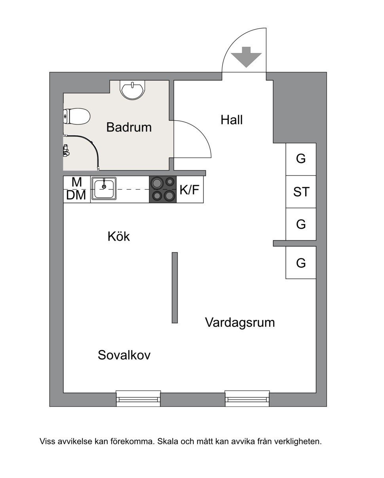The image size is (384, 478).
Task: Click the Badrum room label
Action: (x=129, y=127)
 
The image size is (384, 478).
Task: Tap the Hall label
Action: (x=232, y=120)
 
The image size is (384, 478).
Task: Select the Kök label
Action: (x=118, y=237)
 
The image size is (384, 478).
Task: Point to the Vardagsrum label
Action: (x=240, y=322)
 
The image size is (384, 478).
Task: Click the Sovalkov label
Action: (x=124, y=355)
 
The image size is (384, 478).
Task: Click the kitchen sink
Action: (x=104, y=189)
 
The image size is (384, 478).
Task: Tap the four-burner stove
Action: (x=162, y=189)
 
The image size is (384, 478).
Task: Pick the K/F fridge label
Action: (x=189, y=190)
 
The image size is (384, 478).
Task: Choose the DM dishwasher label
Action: (x=76, y=195)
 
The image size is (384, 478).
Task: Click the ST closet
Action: (x=301, y=192)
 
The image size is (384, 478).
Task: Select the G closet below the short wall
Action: (x=301, y=263)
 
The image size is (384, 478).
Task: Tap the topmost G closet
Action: (x=301, y=159)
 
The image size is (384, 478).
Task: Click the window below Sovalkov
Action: (x=138, y=398)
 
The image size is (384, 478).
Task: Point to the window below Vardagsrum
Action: (x=247, y=398)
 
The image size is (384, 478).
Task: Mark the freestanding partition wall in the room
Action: (x=175, y=288)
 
